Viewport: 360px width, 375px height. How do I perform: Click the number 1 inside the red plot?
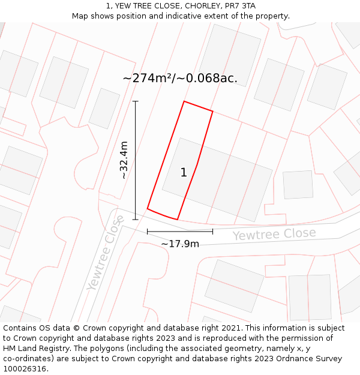tap(184, 173)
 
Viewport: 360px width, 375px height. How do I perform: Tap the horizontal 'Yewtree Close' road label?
tap(274, 234)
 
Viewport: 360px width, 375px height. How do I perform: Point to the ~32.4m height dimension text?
tap(124, 160)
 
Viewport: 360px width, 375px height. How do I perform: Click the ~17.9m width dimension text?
tap(180, 244)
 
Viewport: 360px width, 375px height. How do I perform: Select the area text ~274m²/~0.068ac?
tap(180, 78)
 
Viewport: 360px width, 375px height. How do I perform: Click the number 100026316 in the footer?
tap(25, 369)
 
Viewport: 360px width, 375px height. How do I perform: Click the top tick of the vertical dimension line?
tap(136, 101)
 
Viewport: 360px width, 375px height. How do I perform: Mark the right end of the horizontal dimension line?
tap(212, 231)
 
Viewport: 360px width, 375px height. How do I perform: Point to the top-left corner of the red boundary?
tap(184, 101)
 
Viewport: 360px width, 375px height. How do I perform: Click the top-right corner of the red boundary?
tap(212, 111)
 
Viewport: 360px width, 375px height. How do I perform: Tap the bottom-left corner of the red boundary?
tap(148, 209)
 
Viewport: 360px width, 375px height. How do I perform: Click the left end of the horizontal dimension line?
tap(148, 231)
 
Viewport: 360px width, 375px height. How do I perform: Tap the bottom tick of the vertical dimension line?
tap(136, 219)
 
